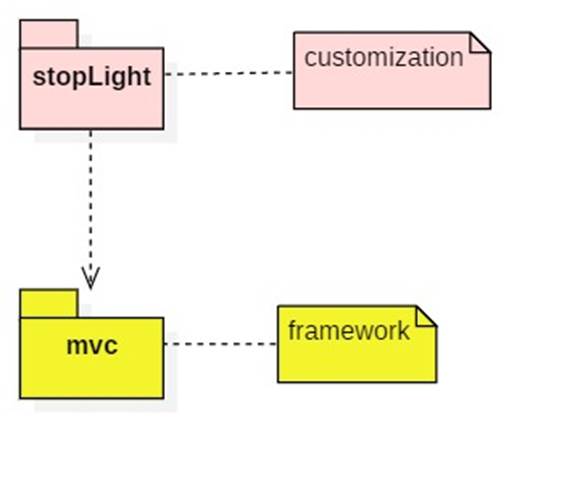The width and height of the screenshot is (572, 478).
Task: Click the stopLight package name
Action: coord(91,78)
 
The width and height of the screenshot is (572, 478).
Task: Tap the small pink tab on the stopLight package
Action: coord(49,34)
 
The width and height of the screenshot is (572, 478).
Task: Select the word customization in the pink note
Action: coord(384,57)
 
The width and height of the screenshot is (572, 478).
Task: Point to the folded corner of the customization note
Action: coord(480,42)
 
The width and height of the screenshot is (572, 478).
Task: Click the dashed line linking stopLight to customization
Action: coord(228,73)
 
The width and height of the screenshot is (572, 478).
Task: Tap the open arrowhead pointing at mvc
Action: coord(91,277)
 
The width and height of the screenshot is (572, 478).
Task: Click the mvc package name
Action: coord(91,347)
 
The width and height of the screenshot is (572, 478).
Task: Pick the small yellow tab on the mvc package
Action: coord(48,303)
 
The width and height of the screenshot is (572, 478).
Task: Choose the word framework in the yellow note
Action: coord(349,330)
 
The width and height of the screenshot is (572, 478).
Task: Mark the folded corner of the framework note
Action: coord(426,316)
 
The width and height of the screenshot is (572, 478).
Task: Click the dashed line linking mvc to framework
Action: coord(220,344)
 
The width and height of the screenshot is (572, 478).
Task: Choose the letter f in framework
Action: coord(292,330)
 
